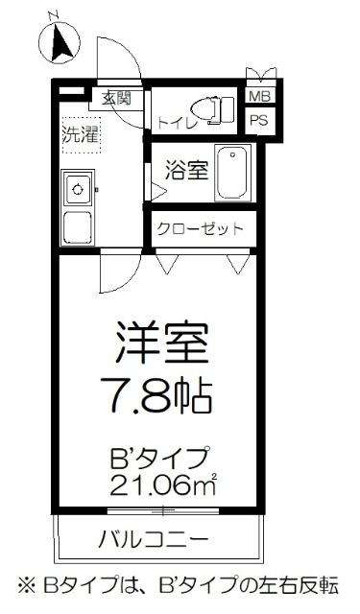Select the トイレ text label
174,123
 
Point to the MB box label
259,97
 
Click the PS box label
259,120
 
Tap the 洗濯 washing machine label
81,135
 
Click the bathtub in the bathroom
231,171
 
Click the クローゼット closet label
201,229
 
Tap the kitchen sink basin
76,189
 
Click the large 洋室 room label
162,341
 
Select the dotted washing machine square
81,135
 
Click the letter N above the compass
55,13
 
